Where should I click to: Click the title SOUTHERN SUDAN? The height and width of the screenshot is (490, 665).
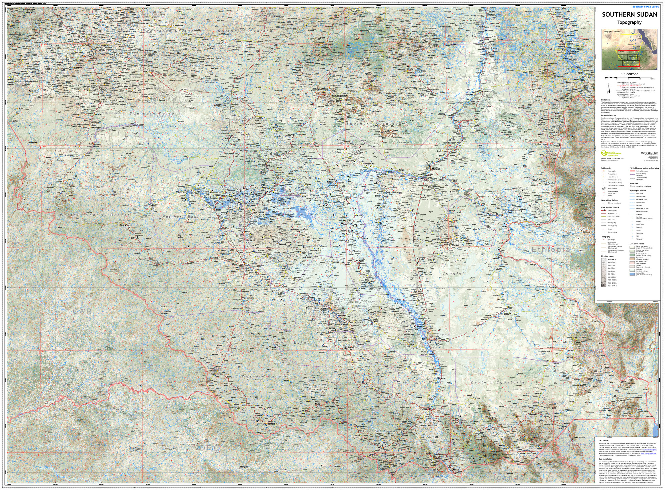[629, 15]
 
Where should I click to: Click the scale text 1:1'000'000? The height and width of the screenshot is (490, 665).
[629, 74]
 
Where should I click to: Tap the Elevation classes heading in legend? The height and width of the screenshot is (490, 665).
[608, 256]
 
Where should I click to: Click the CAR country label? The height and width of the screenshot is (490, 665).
[82, 311]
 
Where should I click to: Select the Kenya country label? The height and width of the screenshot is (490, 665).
[579, 444]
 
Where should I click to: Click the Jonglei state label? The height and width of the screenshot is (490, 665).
[453, 273]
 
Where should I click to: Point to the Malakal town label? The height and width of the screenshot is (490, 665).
[436, 169]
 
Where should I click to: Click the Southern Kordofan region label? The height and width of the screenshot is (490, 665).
[374, 124]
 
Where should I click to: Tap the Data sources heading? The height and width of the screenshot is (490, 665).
[603, 440]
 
